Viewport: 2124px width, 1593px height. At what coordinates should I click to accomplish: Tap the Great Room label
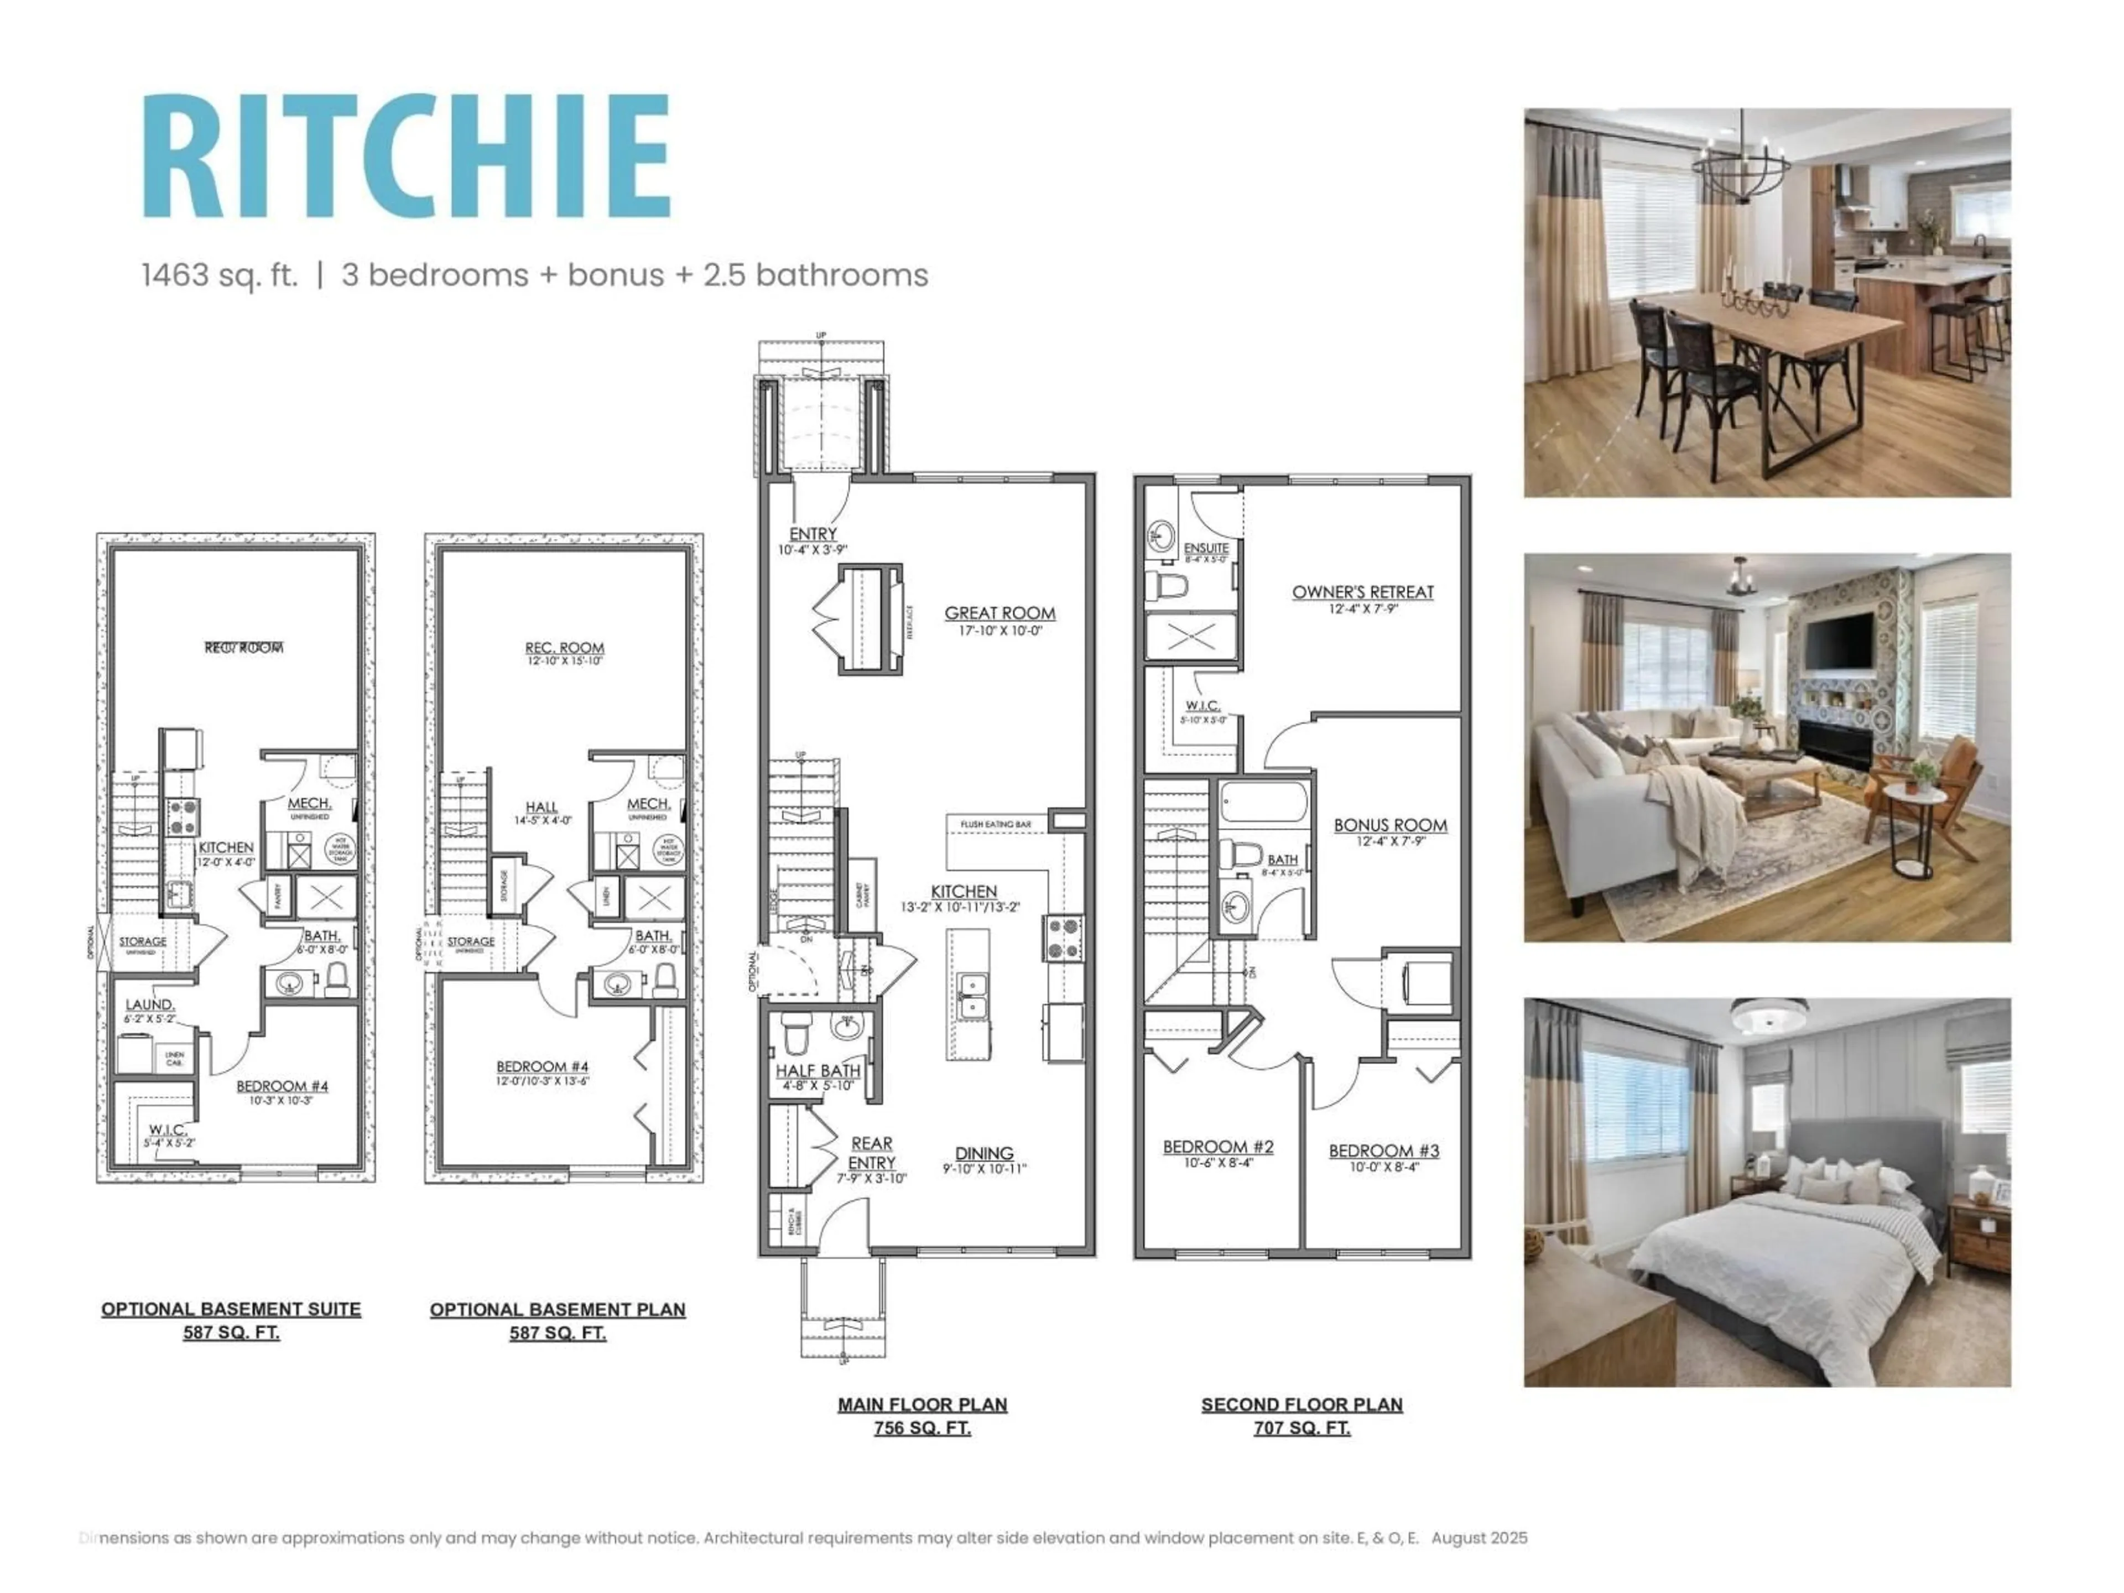(999, 613)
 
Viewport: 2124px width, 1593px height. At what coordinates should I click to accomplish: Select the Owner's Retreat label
(1362, 592)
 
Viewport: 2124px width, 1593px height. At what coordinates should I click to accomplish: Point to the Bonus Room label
(1389, 825)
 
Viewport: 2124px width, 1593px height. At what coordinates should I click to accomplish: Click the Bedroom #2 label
(1217, 1147)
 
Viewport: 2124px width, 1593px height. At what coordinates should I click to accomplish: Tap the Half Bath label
(818, 1071)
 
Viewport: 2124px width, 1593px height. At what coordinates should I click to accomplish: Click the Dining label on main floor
(984, 1153)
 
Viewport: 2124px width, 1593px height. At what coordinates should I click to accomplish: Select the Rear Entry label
(871, 1152)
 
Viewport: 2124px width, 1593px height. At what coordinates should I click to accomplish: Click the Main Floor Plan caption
(922, 1404)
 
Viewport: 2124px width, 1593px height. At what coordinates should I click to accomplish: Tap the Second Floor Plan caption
(1301, 1404)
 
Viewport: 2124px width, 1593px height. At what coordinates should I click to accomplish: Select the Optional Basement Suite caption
(231, 1309)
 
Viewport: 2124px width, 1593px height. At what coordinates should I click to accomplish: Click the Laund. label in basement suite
(150, 1004)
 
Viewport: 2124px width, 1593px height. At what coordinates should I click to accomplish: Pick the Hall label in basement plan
(542, 808)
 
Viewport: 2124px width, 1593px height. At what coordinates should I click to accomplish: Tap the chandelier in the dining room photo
(1740, 178)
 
